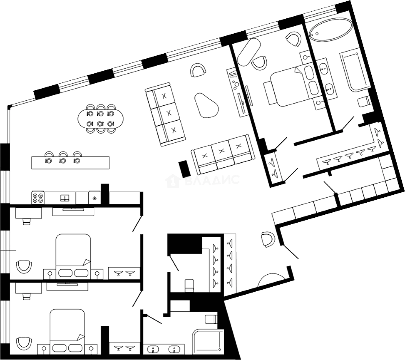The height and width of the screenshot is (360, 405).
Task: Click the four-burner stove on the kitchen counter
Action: pyautogui.click(x=38, y=198)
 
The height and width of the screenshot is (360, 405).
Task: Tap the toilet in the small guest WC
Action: pyautogui.click(x=189, y=285)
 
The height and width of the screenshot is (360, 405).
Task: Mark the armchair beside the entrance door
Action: pyautogui.click(x=268, y=239)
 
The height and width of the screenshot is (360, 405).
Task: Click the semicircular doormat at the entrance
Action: pyautogui.click(x=271, y=281)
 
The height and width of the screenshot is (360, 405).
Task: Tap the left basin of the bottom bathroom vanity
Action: pyautogui.click(x=153, y=350)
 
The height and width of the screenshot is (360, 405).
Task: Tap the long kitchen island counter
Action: pyautogui.click(x=70, y=163)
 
